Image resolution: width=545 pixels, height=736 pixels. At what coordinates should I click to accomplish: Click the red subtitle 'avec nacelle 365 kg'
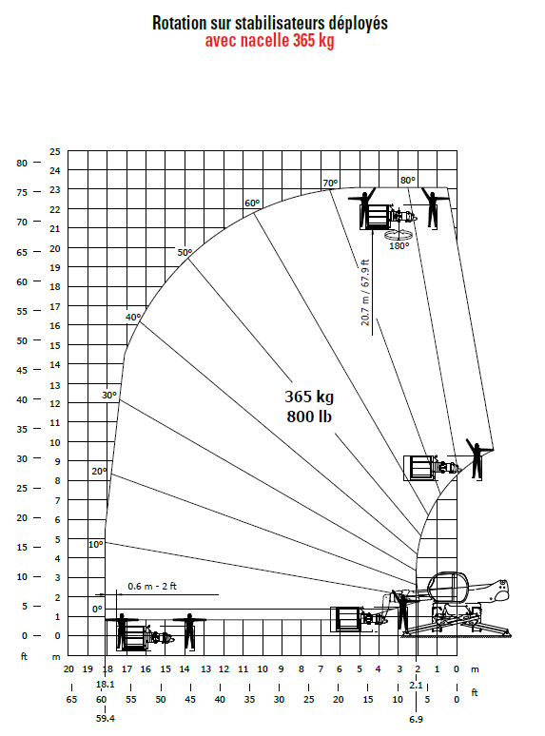(269, 41)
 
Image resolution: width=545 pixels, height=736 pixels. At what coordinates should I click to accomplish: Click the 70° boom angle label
(330, 184)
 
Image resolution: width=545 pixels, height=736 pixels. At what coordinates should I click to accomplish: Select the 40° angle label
(133, 317)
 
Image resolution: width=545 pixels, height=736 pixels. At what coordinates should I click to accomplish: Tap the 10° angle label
(96, 545)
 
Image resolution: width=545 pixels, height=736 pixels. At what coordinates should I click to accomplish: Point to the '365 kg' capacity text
(309, 397)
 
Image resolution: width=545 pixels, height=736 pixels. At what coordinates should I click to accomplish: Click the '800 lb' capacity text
(309, 416)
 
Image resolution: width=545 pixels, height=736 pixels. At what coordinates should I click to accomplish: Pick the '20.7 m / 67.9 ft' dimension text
(365, 293)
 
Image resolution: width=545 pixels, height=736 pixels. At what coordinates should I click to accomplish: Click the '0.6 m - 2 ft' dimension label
(152, 587)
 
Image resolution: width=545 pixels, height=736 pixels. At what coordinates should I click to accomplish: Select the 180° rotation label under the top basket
(399, 245)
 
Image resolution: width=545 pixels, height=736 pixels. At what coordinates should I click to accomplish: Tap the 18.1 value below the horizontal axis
(106, 685)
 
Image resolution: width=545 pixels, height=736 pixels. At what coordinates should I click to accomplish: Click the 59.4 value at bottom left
(106, 719)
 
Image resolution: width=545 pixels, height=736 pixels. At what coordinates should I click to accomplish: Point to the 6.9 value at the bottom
(416, 719)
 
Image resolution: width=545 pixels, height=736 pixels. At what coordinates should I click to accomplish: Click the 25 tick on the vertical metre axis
(55, 151)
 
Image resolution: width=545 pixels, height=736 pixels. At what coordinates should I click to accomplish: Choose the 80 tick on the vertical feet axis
(22, 163)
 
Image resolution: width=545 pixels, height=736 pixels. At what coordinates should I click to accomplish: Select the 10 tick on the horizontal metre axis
(263, 668)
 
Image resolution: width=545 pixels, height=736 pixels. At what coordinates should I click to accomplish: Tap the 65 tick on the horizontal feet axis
(71, 699)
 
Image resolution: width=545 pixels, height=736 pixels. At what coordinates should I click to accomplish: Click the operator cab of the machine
(448, 588)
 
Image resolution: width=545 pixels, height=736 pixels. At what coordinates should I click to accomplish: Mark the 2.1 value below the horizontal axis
(416, 685)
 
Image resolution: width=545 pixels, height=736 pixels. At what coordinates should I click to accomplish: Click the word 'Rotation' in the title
(180, 23)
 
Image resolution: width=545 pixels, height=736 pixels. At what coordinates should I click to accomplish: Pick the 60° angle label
(252, 203)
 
